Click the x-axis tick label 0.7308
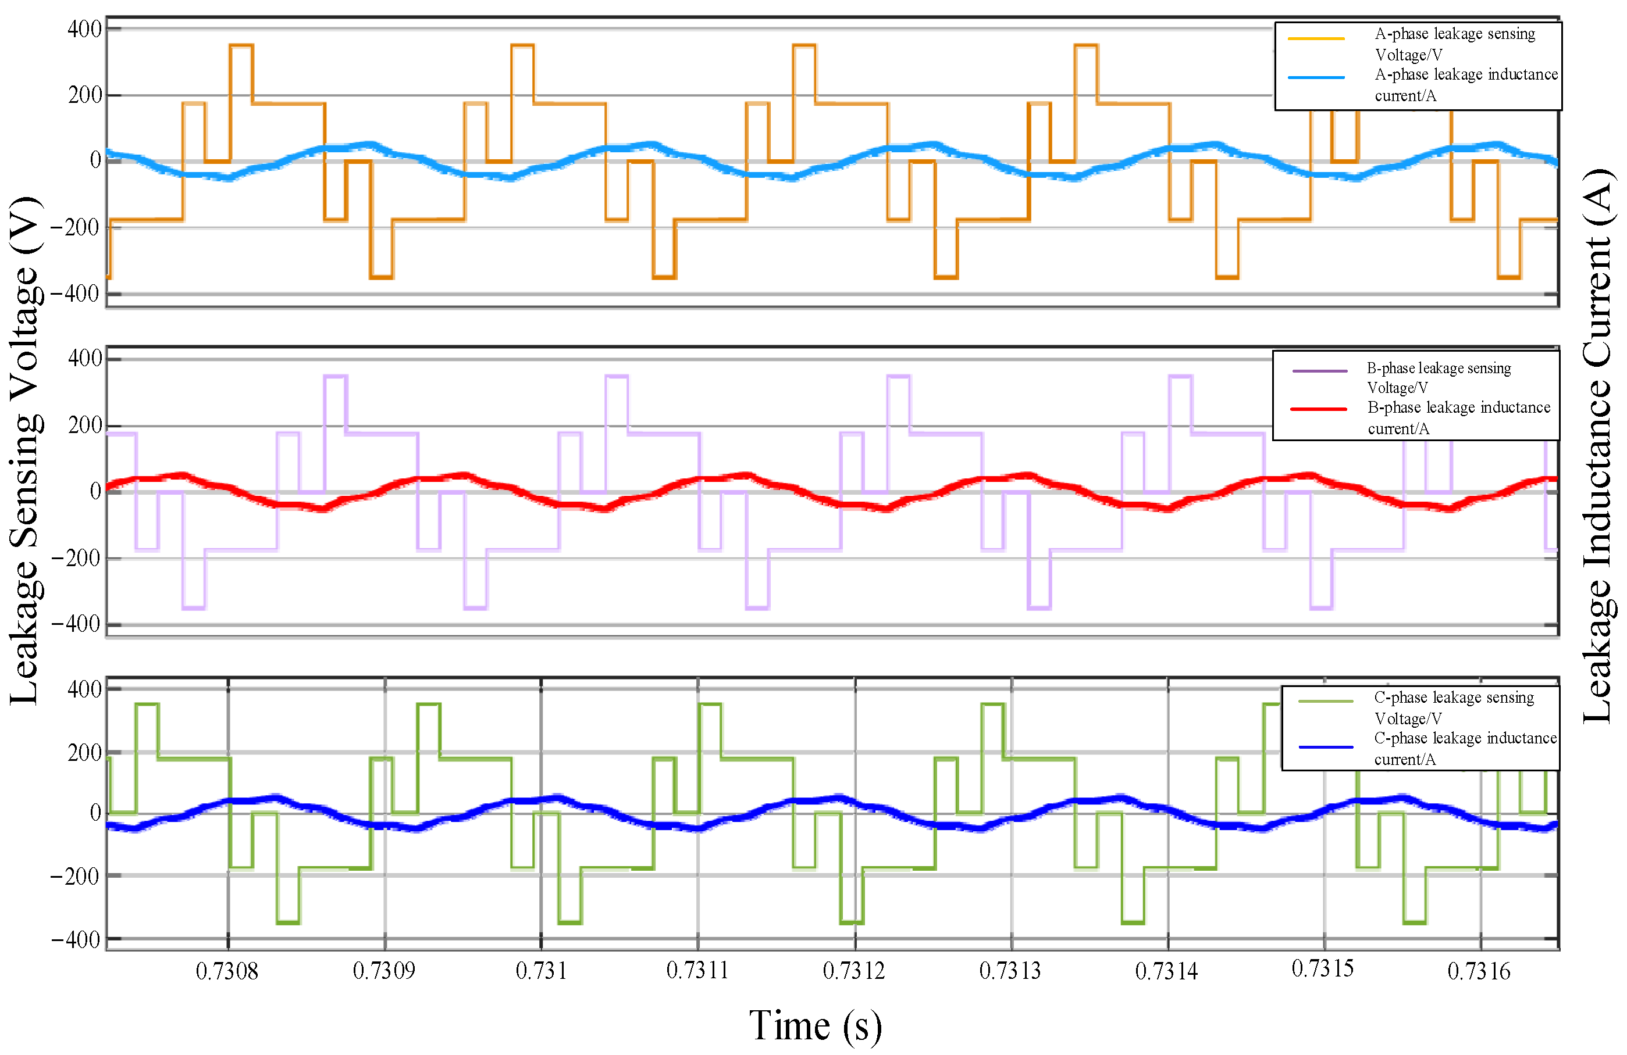coord(226,971)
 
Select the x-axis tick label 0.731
coord(541,971)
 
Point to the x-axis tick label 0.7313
coord(1010,971)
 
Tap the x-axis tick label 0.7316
coord(1479,971)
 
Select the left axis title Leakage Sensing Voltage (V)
coord(26,451)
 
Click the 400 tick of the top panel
coord(84,30)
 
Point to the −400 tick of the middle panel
coord(75,624)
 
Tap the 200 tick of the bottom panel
coord(84,753)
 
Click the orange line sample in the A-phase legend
coord(1316,38)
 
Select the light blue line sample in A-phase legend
coord(1316,78)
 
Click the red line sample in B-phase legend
coord(1319,409)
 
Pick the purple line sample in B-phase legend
coord(1319,371)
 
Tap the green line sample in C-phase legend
coord(1326,701)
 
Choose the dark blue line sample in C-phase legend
coord(1326,747)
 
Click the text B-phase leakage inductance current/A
coord(1458,417)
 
